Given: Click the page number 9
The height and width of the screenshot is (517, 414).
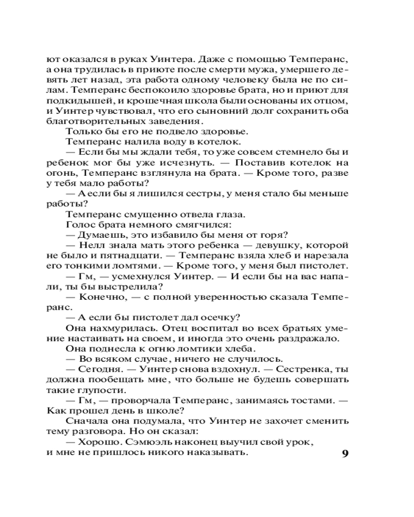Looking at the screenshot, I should pyautogui.click(x=346, y=454).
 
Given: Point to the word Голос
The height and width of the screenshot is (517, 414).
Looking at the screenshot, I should pyautogui.click(x=79, y=224).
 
